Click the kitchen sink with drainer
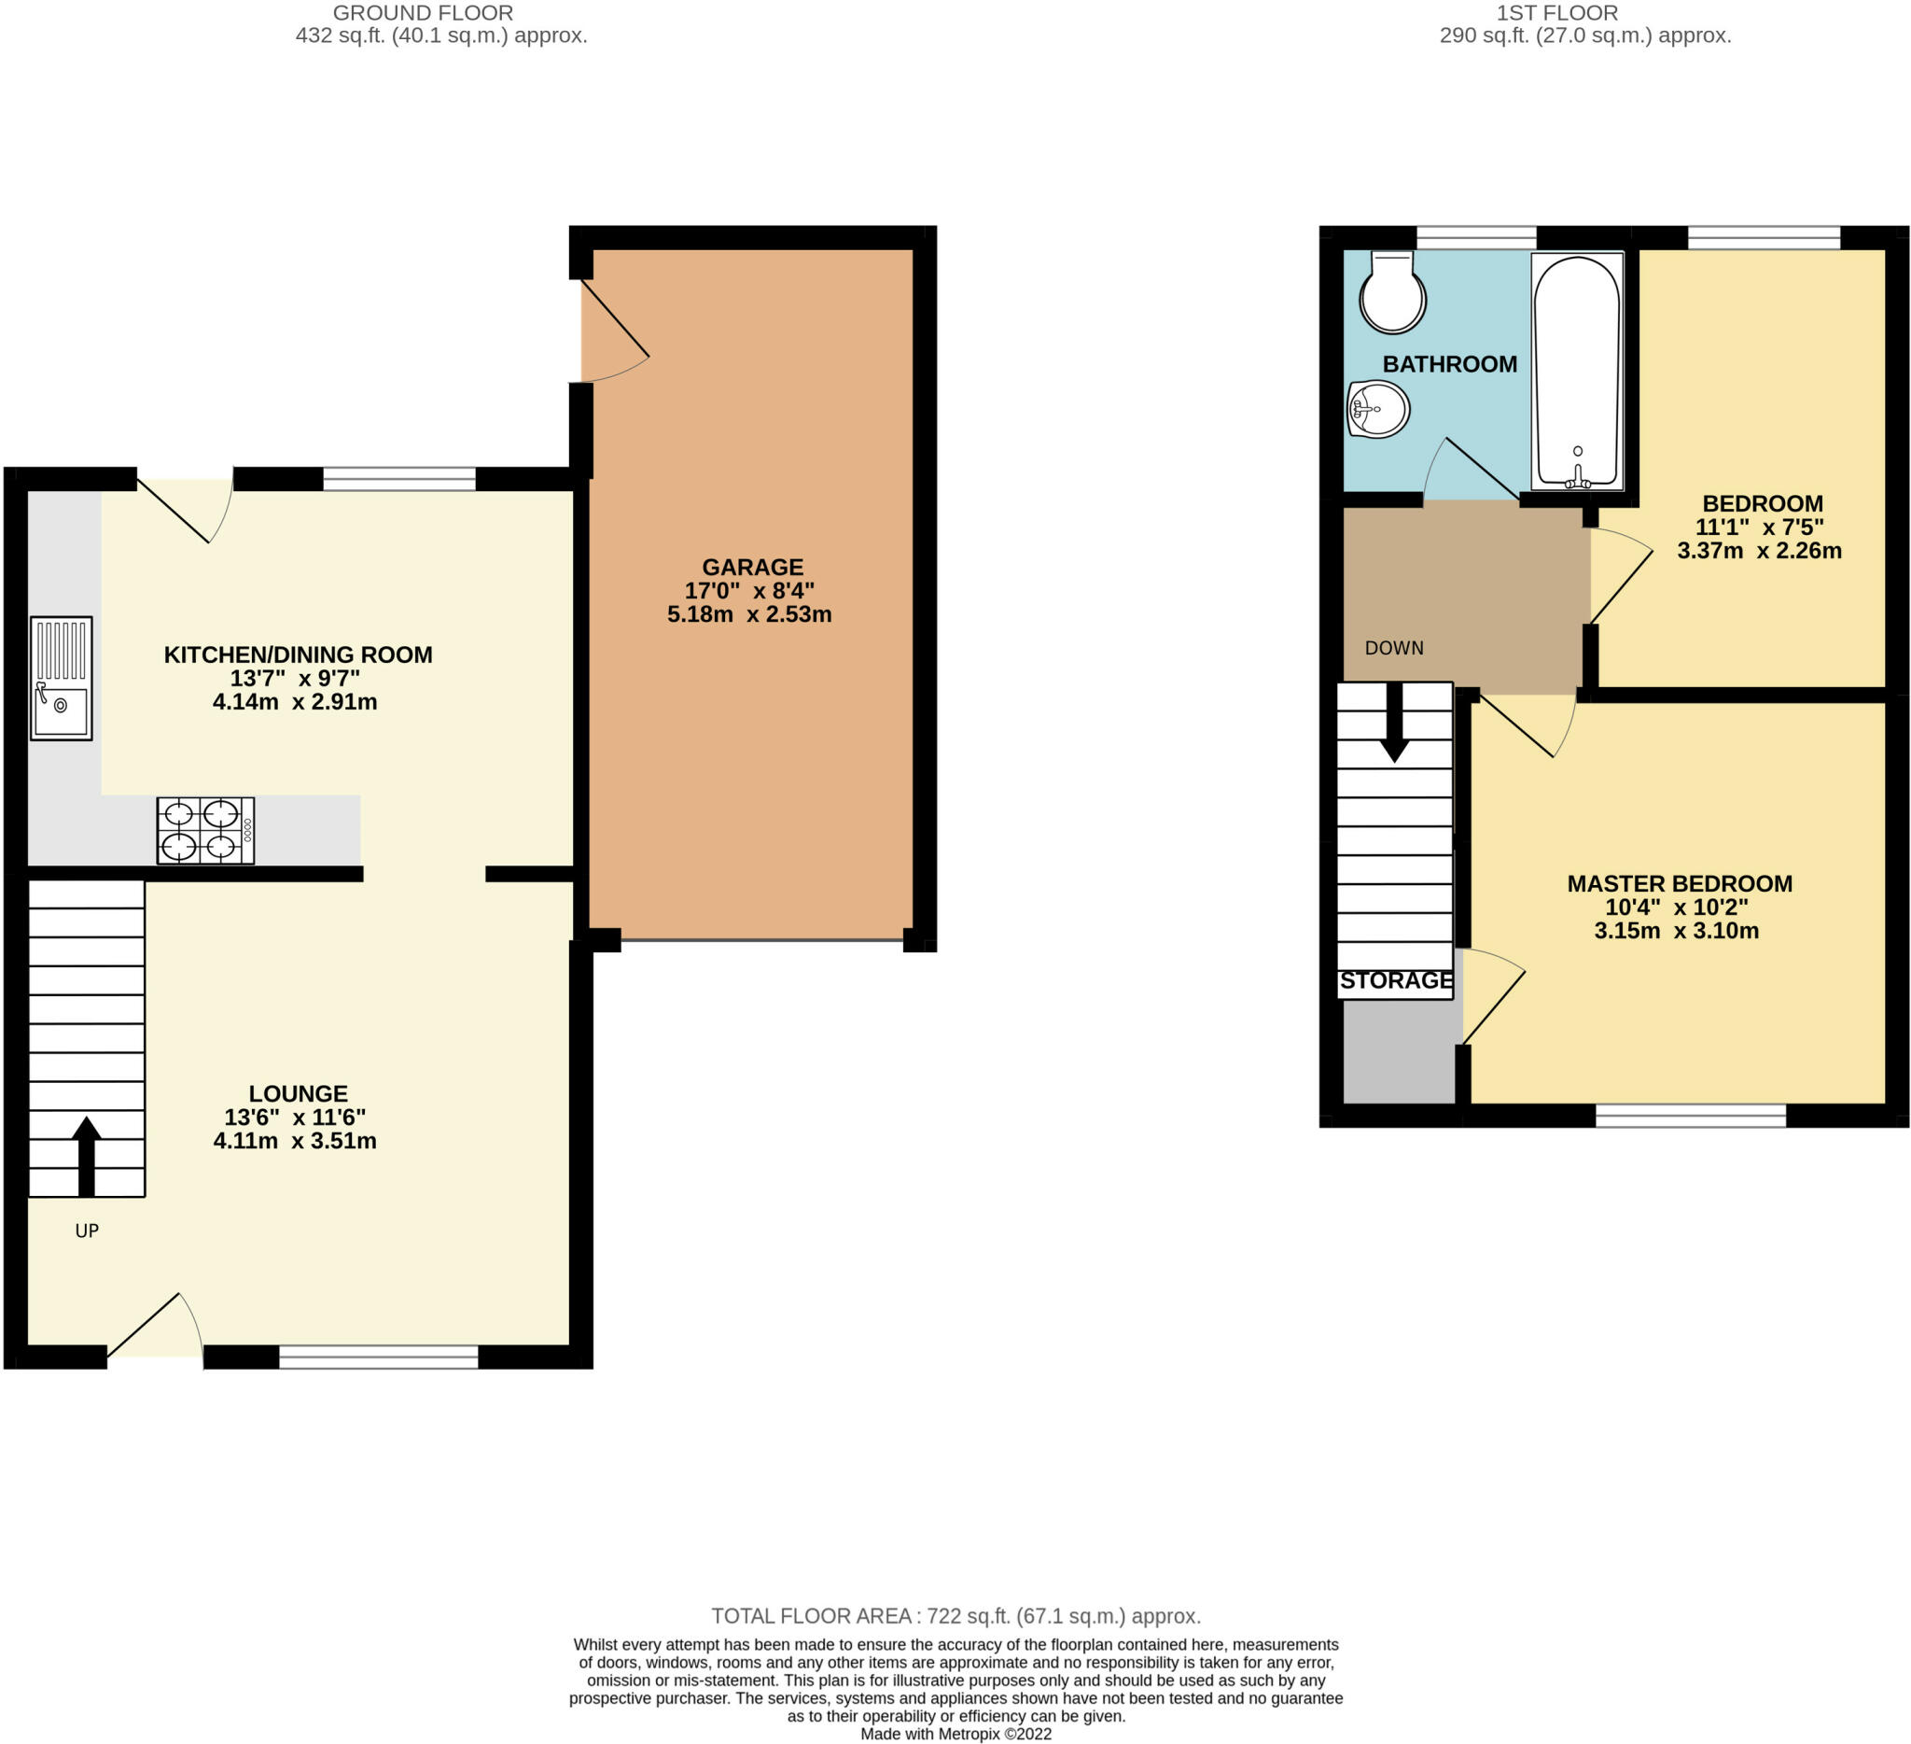tap(61, 678)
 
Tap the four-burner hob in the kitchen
tap(205, 831)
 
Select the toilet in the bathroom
tap(1392, 293)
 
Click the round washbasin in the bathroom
tap(1378, 409)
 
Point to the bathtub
tap(1577, 371)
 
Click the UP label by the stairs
tap(87, 1230)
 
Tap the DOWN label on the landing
tap(1393, 648)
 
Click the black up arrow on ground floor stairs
tap(86, 1156)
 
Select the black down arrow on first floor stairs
tap(1394, 722)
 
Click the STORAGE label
tap(1396, 980)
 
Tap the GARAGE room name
tap(753, 567)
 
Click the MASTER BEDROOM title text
tap(1680, 884)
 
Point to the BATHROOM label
tap(1449, 364)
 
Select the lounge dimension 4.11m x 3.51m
tap(295, 1140)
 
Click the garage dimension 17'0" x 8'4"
tap(750, 591)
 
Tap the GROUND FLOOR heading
tap(423, 13)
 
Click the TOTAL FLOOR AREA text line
tap(955, 1616)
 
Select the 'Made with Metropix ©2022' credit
tap(955, 1734)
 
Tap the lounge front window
tap(378, 1357)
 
